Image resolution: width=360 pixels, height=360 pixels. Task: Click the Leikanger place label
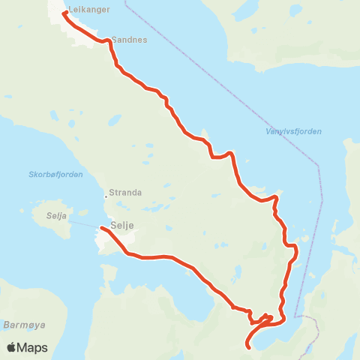[x=88, y=10]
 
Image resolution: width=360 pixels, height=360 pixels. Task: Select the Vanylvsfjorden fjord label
[x=293, y=131]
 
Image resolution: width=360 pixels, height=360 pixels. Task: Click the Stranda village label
[x=125, y=192]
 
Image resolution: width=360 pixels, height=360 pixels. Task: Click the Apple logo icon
[x=11, y=348]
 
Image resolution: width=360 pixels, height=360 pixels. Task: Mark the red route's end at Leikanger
[x=65, y=12]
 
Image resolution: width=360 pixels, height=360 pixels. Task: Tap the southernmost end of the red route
[x=248, y=346]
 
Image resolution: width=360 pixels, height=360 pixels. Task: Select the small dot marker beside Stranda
[x=106, y=197]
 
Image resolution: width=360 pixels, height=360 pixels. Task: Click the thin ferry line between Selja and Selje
[x=88, y=226]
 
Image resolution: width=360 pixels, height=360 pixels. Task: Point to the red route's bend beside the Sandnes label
[x=110, y=43]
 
